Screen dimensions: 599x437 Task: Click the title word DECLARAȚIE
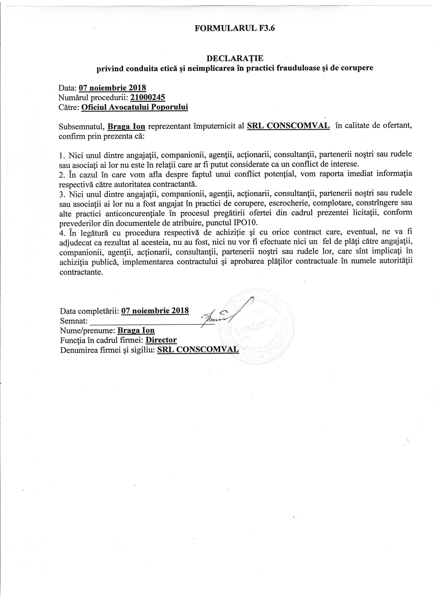click(235, 58)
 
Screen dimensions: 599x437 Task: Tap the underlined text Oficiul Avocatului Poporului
click(135, 107)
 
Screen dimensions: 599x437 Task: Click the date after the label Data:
click(112, 87)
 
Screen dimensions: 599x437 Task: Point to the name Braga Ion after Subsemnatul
click(126, 127)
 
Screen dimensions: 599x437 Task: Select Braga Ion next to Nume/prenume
click(136, 330)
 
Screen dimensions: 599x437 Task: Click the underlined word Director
click(161, 340)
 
